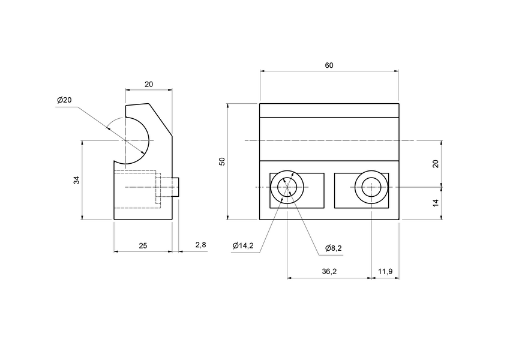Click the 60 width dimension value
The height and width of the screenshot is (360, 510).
pyautogui.click(x=329, y=65)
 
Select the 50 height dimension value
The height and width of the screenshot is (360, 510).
pyautogui.click(x=222, y=161)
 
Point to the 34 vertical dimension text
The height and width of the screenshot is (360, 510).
pyautogui.click(x=77, y=180)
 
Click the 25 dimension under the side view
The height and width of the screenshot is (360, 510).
pyautogui.click(x=143, y=245)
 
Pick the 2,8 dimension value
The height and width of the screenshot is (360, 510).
pyautogui.click(x=200, y=245)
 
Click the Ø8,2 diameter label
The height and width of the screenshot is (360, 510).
pyautogui.click(x=334, y=248)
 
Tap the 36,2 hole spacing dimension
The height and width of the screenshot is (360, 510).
pyautogui.click(x=329, y=272)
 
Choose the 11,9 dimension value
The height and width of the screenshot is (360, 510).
pyautogui.click(x=385, y=272)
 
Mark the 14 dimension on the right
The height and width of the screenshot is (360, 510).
pyautogui.click(x=436, y=203)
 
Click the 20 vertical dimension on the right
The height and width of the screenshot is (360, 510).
pyautogui.click(x=436, y=164)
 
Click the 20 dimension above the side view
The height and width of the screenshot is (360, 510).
pyautogui.click(x=148, y=85)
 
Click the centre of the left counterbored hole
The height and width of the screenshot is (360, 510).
pyautogui.click(x=287, y=187)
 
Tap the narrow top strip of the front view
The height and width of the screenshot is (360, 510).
pyautogui.click(x=329, y=110)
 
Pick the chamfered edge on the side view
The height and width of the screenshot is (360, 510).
pyautogui.click(x=161, y=120)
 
